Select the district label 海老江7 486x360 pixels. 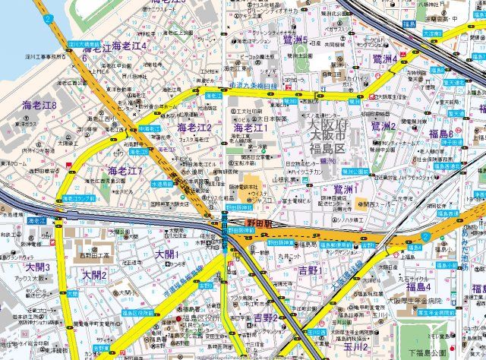(x=125, y=171)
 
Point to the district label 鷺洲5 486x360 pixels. (x=294, y=40)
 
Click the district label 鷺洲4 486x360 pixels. (x=386, y=58)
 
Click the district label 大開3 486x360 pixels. (x=37, y=267)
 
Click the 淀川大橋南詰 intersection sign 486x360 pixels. (x=83, y=45)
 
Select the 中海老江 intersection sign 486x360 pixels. (x=150, y=129)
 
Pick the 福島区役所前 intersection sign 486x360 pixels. (x=137, y=312)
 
